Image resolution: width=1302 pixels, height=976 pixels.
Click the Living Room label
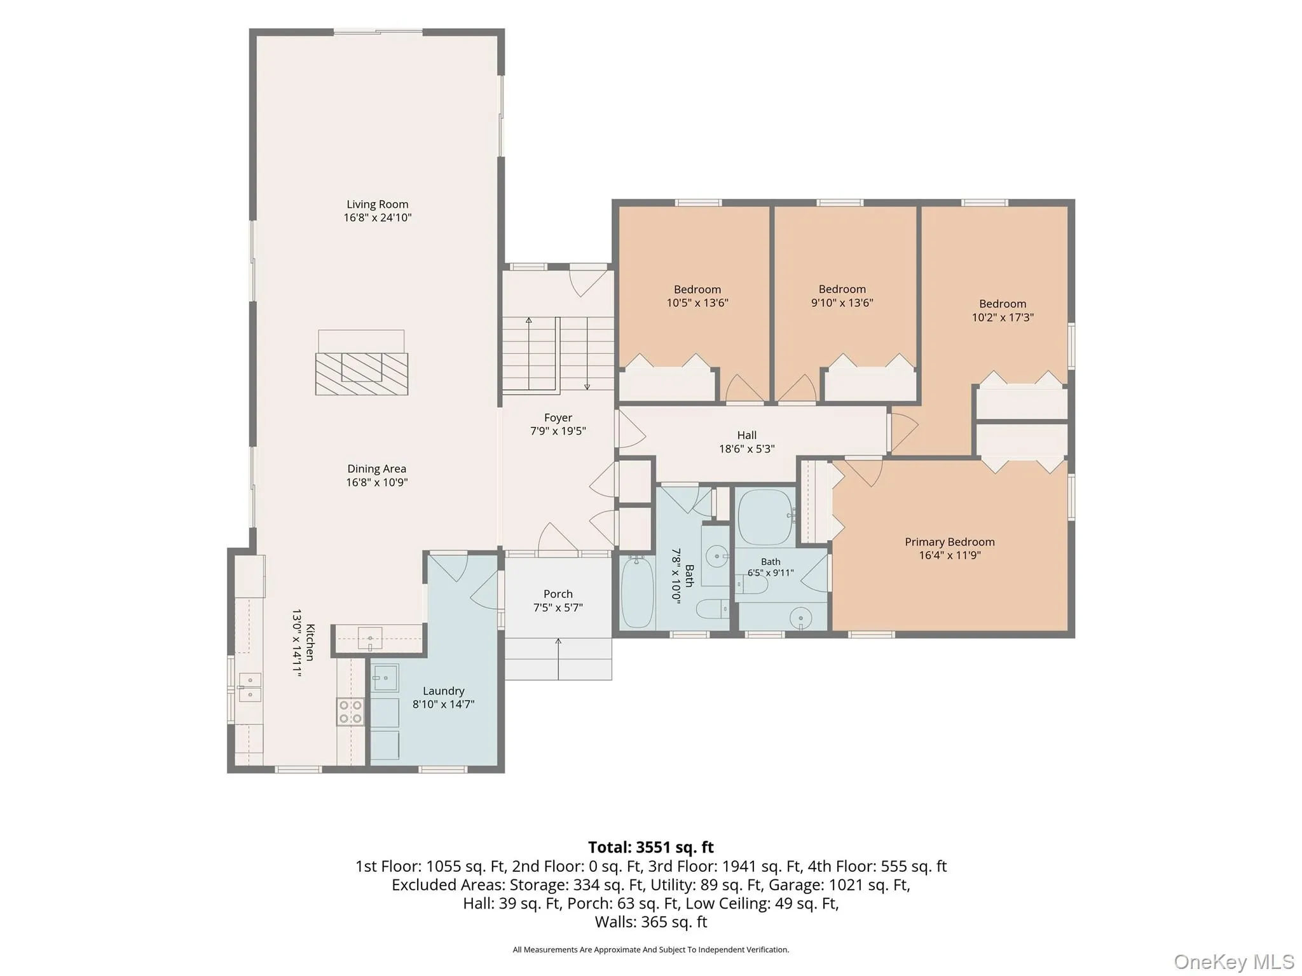point(378,205)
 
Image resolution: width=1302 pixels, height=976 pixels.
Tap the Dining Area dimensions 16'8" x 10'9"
point(377,482)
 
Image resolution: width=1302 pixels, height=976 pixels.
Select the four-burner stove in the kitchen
point(350,712)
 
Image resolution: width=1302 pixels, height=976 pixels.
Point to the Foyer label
point(558,418)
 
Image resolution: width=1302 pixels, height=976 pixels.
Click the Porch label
point(558,594)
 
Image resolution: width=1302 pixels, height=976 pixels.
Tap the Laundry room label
point(444,691)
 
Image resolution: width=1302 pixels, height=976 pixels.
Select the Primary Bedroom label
point(950,542)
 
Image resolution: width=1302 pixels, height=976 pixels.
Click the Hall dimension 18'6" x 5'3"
point(747,449)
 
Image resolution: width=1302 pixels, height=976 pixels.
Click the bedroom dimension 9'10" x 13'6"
point(842,303)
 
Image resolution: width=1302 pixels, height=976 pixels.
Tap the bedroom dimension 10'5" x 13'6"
point(697,303)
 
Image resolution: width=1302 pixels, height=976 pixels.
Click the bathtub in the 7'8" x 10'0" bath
point(637,592)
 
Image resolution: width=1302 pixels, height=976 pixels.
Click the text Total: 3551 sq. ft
point(651,848)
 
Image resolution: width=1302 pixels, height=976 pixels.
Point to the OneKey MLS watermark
point(1234,962)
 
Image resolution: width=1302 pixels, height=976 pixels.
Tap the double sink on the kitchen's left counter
point(249,688)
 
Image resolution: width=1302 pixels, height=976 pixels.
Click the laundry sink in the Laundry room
point(385,678)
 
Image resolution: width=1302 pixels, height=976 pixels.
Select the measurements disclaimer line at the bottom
point(651,950)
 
